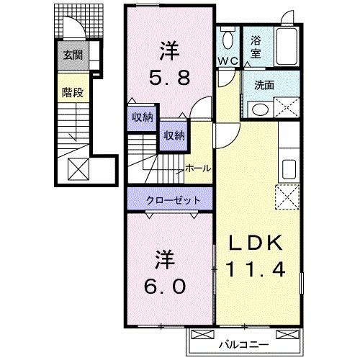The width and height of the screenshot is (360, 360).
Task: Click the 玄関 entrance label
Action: point(72,55)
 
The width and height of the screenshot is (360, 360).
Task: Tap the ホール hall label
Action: point(197,168)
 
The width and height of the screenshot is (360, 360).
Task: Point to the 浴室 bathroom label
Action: point(256,47)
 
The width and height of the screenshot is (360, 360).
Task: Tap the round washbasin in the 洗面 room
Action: point(259,109)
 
